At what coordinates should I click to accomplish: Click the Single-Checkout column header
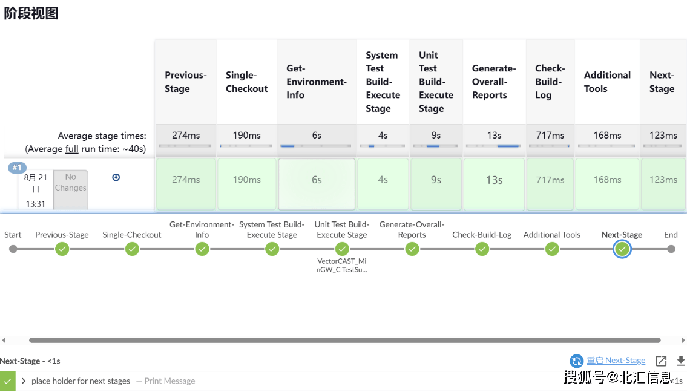(x=247, y=82)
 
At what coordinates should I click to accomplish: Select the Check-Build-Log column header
(x=550, y=82)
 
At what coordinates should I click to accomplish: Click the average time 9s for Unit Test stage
(x=436, y=136)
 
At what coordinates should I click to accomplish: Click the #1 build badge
(x=17, y=168)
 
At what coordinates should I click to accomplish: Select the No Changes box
(x=71, y=190)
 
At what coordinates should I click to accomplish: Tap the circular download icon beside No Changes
(x=116, y=177)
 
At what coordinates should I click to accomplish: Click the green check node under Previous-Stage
(x=62, y=249)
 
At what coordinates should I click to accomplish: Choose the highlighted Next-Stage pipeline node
(x=622, y=249)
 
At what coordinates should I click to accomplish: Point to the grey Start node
(x=13, y=249)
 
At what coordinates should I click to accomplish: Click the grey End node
(x=671, y=249)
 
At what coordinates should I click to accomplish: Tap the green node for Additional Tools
(x=552, y=249)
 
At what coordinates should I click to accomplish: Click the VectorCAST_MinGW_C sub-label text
(x=342, y=266)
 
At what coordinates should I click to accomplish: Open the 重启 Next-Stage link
(x=616, y=361)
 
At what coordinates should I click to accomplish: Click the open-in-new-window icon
(x=661, y=361)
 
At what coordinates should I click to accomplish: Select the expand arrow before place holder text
(x=24, y=381)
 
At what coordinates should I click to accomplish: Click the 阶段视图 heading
(x=31, y=13)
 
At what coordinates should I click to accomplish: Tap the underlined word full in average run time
(x=72, y=149)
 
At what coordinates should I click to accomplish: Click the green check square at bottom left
(x=7, y=381)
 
